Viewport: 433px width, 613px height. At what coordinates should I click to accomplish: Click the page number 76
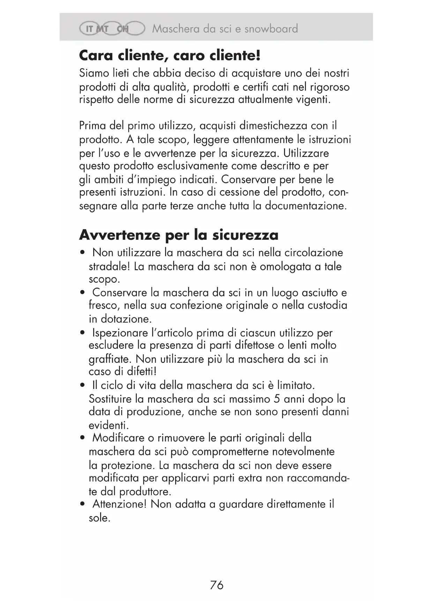[x=217, y=585]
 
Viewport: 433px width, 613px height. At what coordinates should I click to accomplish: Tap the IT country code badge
[x=89, y=29]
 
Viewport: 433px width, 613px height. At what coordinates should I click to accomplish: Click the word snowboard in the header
[x=271, y=29]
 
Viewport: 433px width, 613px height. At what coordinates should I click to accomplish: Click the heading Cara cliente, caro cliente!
[x=170, y=55]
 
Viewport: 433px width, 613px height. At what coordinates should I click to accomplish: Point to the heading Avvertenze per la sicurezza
[x=179, y=235]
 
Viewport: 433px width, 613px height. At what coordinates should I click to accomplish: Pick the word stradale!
[x=109, y=267]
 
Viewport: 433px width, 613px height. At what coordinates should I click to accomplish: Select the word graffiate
[x=110, y=359]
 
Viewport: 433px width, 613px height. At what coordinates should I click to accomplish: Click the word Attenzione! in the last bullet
[x=119, y=504]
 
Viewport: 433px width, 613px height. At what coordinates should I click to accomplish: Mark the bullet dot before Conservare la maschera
[x=82, y=293]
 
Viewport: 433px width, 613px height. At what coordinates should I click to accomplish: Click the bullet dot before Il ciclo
[x=82, y=386]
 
